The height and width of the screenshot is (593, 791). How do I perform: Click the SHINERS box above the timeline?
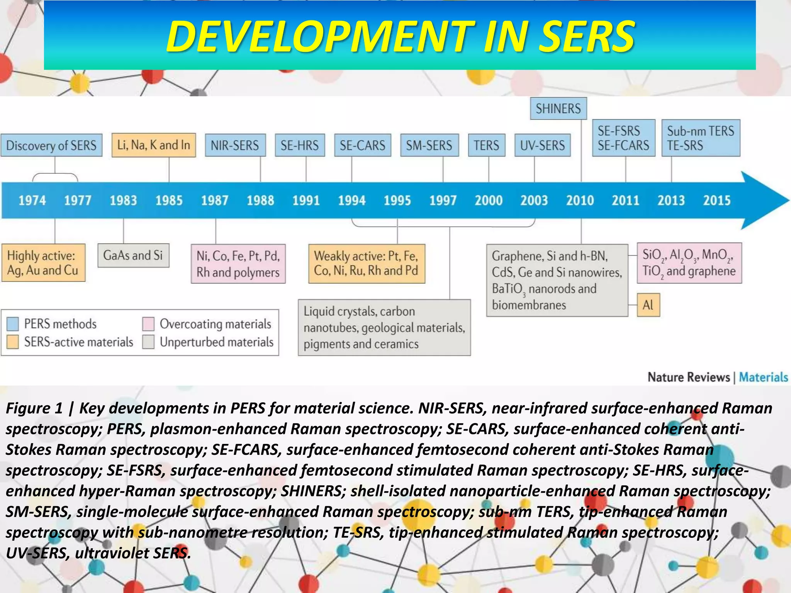click(x=558, y=108)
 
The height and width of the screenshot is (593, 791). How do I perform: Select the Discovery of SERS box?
click(x=51, y=145)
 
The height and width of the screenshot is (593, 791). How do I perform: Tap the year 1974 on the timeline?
click(x=32, y=200)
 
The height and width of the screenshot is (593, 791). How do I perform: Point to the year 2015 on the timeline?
click(x=716, y=200)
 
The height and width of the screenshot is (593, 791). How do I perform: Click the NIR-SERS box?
click(x=235, y=145)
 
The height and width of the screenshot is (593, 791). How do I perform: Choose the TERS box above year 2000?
click(x=486, y=145)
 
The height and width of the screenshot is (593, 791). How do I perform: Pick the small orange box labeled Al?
click(x=648, y=305)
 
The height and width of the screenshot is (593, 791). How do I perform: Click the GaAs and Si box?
click(x=133, y=256)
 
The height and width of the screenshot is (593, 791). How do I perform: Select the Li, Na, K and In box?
click(x=153, y=145)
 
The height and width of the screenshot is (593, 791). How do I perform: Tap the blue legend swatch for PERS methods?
click(x=13, y=324)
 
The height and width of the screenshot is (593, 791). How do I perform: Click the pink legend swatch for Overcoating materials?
click(x=148, y=324)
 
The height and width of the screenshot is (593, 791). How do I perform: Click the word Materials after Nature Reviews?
click(x=763, y=377)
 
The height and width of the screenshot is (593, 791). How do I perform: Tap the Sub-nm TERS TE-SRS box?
click(x=701, y=138)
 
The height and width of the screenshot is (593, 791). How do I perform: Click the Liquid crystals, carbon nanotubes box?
click(x=384, y=327)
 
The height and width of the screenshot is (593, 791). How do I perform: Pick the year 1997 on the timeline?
click(x=443, y=200)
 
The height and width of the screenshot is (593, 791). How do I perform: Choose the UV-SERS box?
click(x=542, y=145)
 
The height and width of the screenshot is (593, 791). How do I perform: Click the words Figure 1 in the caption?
click(x=34, y=408)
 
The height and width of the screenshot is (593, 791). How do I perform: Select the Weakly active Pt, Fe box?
click(x=367, y=263)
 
